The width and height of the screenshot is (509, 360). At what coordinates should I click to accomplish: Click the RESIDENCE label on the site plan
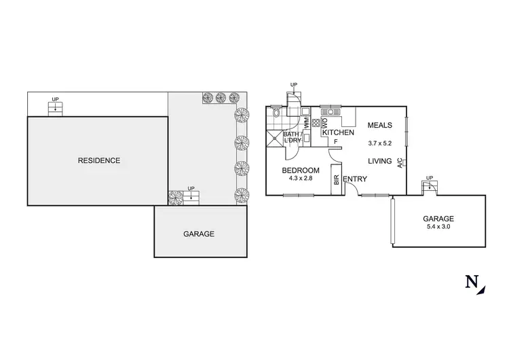click(x=99, y=161)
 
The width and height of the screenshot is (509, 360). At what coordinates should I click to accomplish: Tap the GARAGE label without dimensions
click(x=199, y=234)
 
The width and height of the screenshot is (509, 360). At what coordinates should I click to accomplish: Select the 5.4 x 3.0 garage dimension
click(x=438, y=227)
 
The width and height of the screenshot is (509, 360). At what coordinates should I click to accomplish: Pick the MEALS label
click(x=379, y=126)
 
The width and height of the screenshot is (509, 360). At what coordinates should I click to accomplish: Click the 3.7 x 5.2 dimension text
click(x=380, y=143)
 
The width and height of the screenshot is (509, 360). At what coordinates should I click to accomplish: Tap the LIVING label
click(x=381, y=161)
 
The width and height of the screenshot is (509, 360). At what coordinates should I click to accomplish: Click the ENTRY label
click(x=355, y=179)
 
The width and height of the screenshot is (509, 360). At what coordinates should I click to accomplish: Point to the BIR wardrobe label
click(x=336, y=181)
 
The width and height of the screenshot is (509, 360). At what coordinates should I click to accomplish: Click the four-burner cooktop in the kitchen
click(x=316, y=124)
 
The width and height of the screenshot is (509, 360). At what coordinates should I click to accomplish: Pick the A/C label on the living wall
click(x=401, y=162)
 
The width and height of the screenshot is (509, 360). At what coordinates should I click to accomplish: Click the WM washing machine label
click(x=307, y=124)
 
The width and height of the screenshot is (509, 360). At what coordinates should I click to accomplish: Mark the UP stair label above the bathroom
click(x=293, y=85)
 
